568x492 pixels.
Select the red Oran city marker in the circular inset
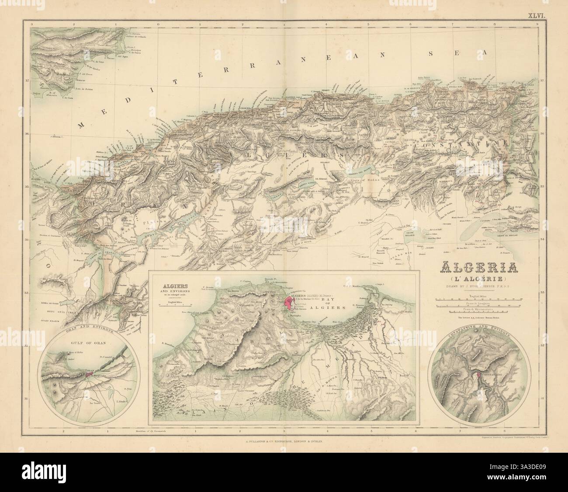tap(90, 373)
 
